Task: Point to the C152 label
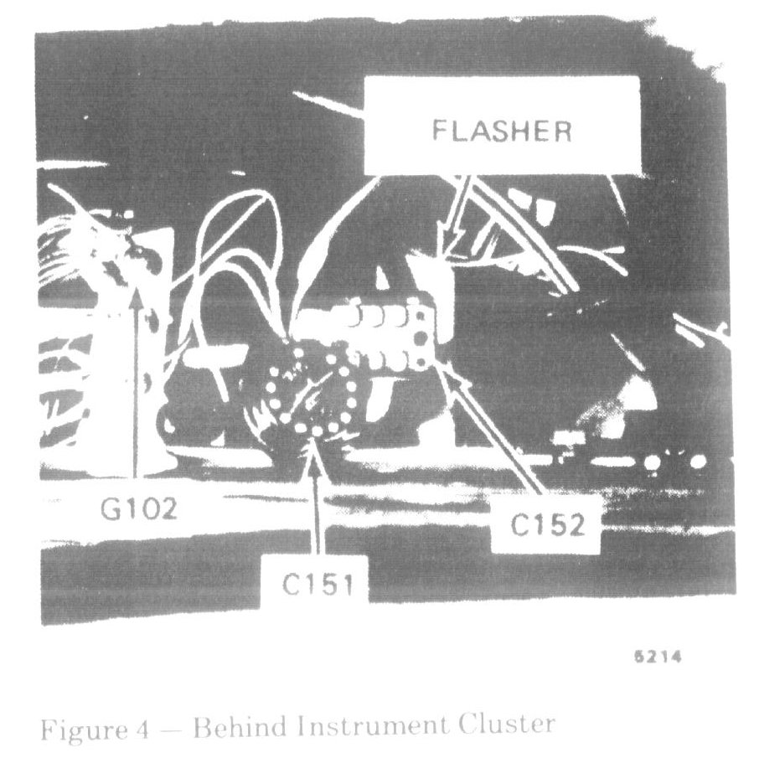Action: [x=545, y=525]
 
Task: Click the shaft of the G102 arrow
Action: [x=137, y=385]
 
